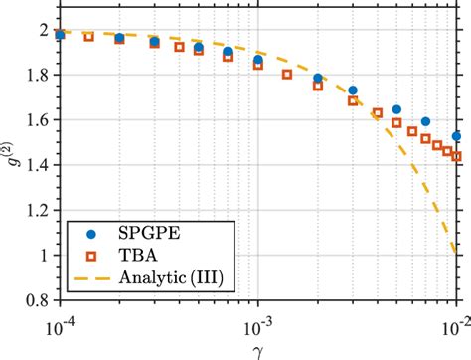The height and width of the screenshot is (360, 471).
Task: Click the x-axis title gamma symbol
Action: tap(258, 345)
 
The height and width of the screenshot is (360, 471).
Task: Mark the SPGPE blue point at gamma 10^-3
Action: tap(258, 60)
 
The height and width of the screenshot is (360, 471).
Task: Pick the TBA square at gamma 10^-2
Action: tap(457, 157)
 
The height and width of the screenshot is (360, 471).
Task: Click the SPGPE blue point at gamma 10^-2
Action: tap(457, 136)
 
